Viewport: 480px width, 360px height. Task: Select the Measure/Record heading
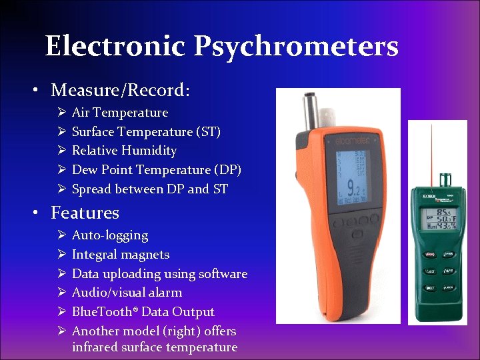click(x=120, y=90)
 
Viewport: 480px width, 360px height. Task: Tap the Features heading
click(x=85, y=213)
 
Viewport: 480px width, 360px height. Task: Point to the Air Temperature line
click(x=120, y=113)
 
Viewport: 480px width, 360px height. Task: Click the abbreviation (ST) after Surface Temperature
click(x=210, y=132)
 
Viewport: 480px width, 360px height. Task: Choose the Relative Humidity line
click(x=124, y=151)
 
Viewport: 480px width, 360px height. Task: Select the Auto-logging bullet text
click(x=110, y=235)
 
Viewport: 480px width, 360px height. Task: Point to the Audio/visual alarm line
click(x=127, y=293)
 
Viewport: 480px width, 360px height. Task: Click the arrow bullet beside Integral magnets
click(x=60, y=255)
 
